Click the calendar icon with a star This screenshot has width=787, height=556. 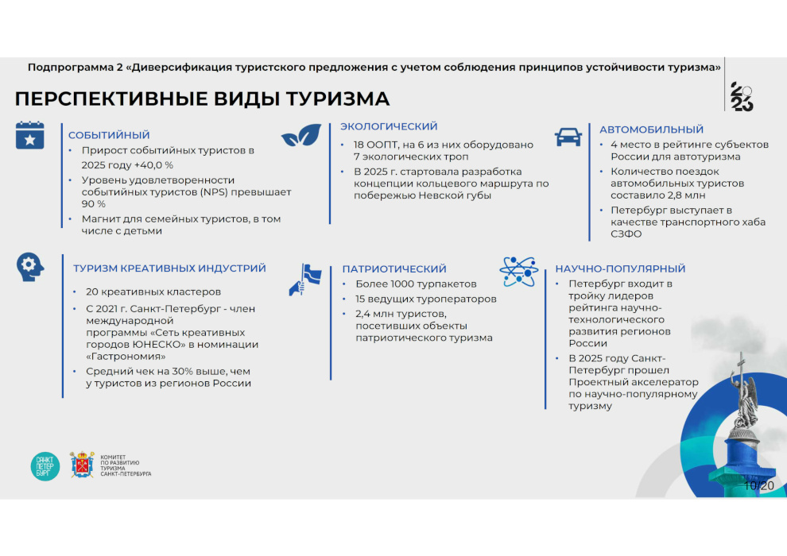(x=29, y=135)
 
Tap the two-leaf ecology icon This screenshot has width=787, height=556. (x=301, y=135)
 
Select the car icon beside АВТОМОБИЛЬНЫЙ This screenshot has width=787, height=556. (x=568, y=137)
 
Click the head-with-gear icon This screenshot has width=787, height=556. (x=29, y=267)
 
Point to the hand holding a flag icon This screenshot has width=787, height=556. (x=305, y=280)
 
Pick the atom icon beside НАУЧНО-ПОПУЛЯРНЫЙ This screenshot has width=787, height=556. (x=519, y=271)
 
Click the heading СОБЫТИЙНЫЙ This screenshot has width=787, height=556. (x=109, y=135)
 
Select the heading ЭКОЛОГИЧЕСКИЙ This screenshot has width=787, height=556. (x=389, y=126)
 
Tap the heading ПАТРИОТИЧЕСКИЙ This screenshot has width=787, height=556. (x=394, y=268)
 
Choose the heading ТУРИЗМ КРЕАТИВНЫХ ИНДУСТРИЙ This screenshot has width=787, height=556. (x=169, y=268)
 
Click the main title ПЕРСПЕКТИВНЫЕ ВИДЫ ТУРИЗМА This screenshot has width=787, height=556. (x=202, y=98)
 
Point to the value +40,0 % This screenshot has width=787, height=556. (x=153, y=165)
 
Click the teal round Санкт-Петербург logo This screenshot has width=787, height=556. (x=45, y=466)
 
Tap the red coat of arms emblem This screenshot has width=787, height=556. (x=82, y=465)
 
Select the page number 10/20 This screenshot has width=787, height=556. (x=759, y=485)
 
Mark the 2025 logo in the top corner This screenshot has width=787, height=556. (x=742, y=96)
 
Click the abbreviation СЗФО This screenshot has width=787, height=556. (x=626, y=234)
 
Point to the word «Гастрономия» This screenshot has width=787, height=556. (x=126, y=357)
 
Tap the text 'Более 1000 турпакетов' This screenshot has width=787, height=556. (x=416, y=284)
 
